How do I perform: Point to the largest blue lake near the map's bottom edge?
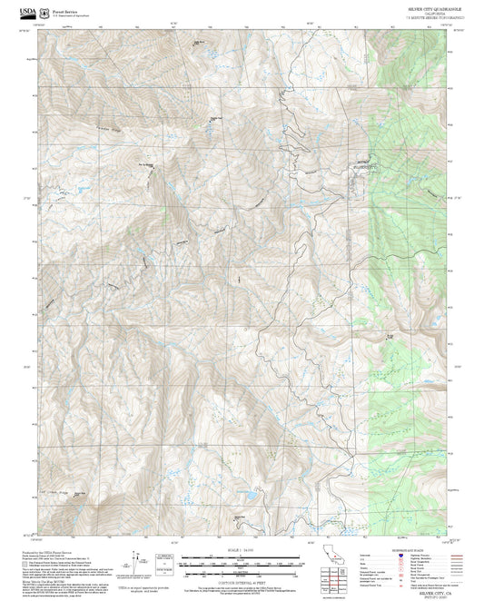coord(243,496)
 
